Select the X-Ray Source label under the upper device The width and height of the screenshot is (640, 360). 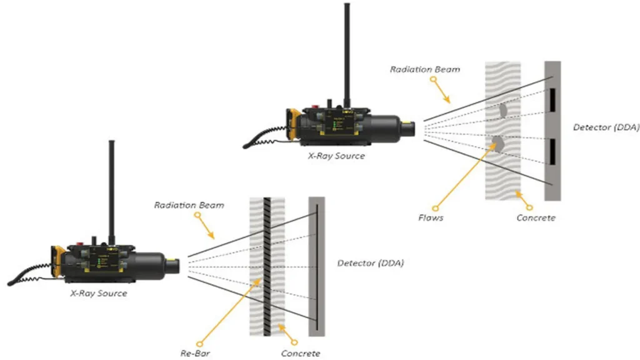pyautogui.click(x=336, y=156)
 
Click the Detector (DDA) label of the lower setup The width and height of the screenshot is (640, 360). pyautogui.click(x=371, y=263)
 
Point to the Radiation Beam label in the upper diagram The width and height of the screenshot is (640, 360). pyautogui.click(x=425, y=69)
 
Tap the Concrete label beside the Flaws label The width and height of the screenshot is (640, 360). pyautogui.click(x=536, y=218)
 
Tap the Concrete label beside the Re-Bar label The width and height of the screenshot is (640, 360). pyautogui.click(x=301, y=354)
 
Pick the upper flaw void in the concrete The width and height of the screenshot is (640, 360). pyautogui.click(x=502, y=110)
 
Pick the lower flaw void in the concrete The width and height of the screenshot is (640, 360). pyautogui.click(x=498, y=143)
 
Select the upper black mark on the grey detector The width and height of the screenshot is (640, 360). pyautogui.click(x=553, y=98)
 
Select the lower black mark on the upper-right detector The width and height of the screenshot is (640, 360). pyautogui.click(x=553, y=149)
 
